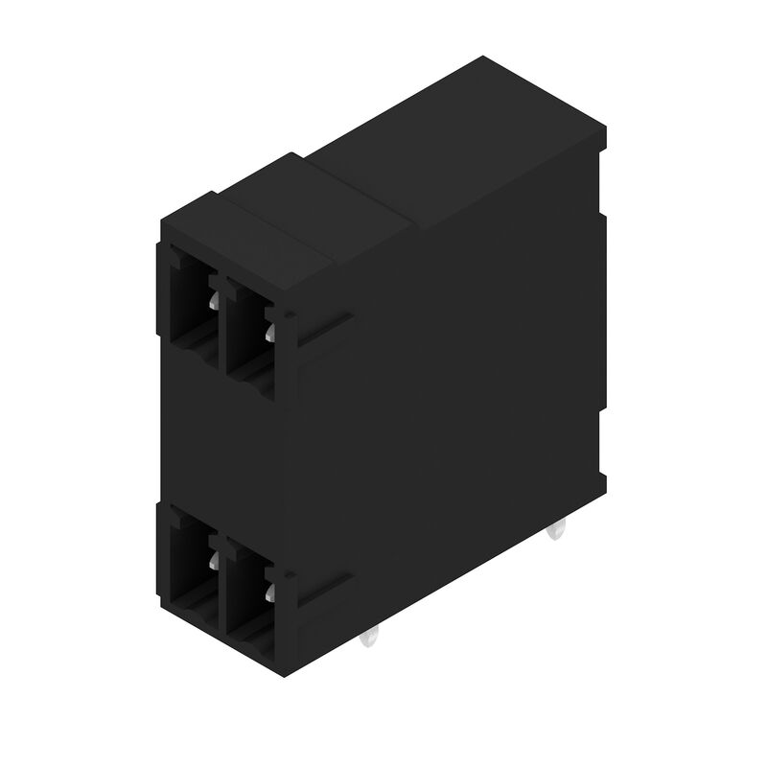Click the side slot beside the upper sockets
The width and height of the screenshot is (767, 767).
323,331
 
